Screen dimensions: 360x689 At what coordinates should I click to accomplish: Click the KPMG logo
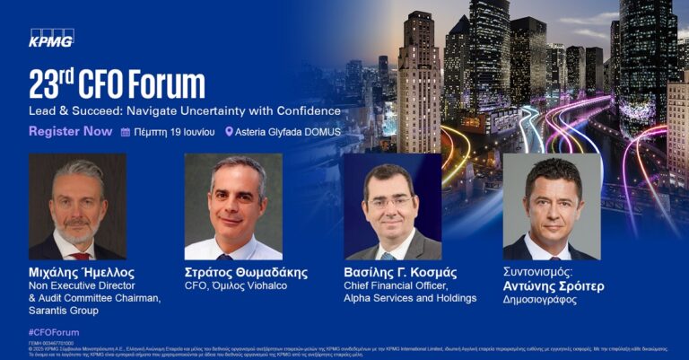click(51, 37)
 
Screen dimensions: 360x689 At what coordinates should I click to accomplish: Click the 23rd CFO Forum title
click(117, 83)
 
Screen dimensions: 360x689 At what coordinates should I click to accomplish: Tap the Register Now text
click(71, 131)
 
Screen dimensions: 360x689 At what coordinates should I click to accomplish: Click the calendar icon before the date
click(126, 132)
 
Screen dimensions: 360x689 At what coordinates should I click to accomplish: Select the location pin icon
click(229, 132)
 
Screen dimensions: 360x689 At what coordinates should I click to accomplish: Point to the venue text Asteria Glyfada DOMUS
click(287, 132)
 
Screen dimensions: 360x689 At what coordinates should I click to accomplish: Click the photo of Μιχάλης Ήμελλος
click(77, 206)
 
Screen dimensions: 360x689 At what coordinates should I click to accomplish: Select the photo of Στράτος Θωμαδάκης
click(233, 206)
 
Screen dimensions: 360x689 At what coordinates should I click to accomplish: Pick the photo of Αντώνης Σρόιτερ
click(552, 206)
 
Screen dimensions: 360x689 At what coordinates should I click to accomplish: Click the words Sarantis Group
click(68, 311)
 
